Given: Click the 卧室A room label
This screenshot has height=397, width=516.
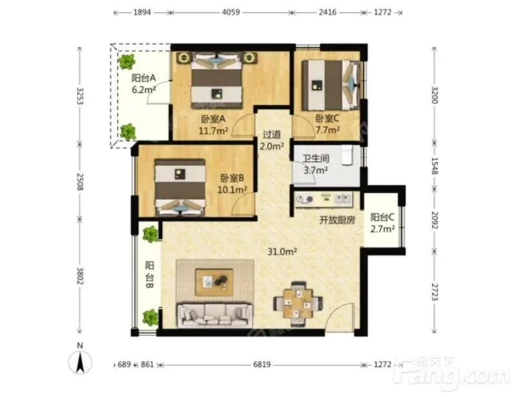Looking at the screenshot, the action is (x=213, y=118).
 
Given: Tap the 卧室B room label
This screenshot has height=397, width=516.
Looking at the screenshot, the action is (x=232, y=178).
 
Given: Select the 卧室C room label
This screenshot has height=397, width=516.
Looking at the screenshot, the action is (x=327, y=118).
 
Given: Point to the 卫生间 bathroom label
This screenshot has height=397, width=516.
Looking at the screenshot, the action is (x=316, y=158).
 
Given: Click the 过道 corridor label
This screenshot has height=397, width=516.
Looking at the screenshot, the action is (x=272, y=134).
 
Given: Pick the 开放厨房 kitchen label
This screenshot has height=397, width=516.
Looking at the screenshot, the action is (x=337, y=220).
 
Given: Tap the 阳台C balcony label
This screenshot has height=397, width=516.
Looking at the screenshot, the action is (x=382, y=217).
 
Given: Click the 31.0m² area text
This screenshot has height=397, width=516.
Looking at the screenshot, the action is (x=282, y=252).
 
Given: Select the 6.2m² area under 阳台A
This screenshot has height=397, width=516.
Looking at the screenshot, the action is (x=144, y=90).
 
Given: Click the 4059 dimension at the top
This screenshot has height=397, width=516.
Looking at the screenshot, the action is (x=231, y=12).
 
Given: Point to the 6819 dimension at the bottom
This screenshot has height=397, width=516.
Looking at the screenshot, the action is (x=262, y=364).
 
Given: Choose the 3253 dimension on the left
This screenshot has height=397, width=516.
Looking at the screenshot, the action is (x=80, y=96).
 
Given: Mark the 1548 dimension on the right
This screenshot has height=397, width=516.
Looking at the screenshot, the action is (x=435, y=166).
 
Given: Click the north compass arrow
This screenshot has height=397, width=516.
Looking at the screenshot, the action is (x=80, y=362).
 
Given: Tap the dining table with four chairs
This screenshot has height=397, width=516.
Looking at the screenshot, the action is (x=298, y=303).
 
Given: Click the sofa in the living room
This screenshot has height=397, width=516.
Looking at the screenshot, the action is (x=215, y=316).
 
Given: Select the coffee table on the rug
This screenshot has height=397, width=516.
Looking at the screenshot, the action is (x=214, y=282).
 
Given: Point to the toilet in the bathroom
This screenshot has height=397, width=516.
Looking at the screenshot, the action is (x=347, y=155).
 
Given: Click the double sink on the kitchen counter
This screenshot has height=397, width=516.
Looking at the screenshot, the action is (x=343, y=199).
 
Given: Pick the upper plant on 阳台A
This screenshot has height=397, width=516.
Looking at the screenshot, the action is (x=126, y=61).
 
